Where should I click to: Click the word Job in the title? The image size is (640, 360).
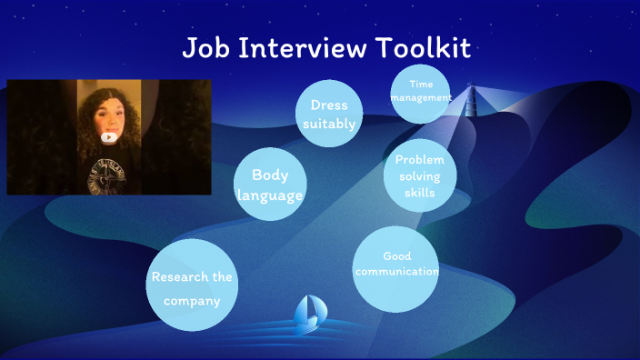[x=206, y=48]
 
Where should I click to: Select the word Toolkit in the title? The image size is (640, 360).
[x=425, y=48]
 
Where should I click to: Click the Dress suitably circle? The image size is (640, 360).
[x=328, y=114]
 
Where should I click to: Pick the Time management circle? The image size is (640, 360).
[x=420, y=93]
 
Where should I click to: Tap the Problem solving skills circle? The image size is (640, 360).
[x=419, y=175]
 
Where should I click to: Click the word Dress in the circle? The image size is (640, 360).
[x=328, y=105]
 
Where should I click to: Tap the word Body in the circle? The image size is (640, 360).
[x=270, y=175]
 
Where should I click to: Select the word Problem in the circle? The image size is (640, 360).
[x=420, y=160]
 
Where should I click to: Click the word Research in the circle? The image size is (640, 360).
[x=181, y=276]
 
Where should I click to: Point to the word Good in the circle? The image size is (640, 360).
[x=397, y=255]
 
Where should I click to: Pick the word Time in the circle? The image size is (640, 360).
[x=421, y=85]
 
